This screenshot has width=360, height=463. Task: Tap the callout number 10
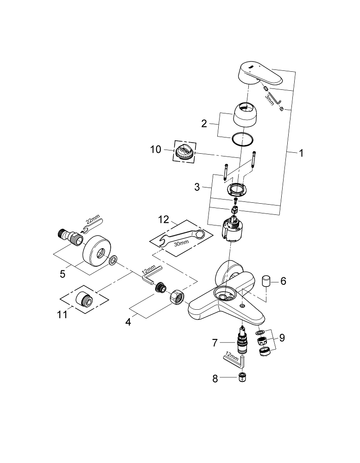point(156,150)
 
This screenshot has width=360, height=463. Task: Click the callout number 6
point(283,281)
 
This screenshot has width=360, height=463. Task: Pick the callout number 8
point(215,378)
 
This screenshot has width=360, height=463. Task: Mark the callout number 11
point(62,314)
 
